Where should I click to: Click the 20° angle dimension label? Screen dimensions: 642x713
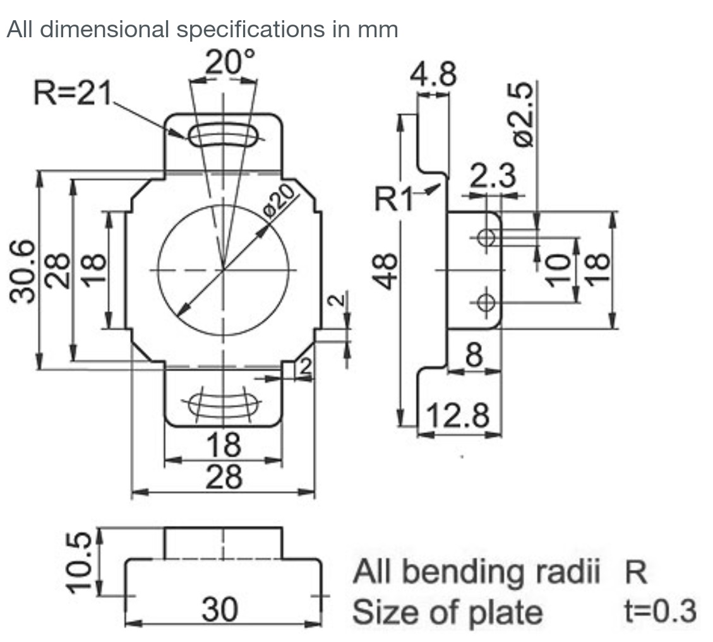pyautogui.click(x=231, y=62)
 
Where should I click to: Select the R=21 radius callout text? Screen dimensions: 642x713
pyautogui.click(x=72, y=95)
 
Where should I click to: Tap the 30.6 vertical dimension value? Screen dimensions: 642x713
pyautogui.click(x=23, y=270)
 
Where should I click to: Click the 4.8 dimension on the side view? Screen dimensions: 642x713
pyautogui.click(x=433, y=75)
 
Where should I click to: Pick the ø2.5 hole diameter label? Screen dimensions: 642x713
pyautogui.click(x=524, y=114)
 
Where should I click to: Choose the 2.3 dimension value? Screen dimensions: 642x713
pyautogui.click(x=492, y=176)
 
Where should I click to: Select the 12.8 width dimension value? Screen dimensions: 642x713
pyautogui.click(x=458, y=416)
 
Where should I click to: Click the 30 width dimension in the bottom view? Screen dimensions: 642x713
pyautogui.click(x=220, y=610)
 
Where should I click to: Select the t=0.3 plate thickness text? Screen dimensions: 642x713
pyautogui.click(x=660, y=611)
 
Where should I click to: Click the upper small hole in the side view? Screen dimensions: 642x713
pyautogui.click(x=486, y=237)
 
